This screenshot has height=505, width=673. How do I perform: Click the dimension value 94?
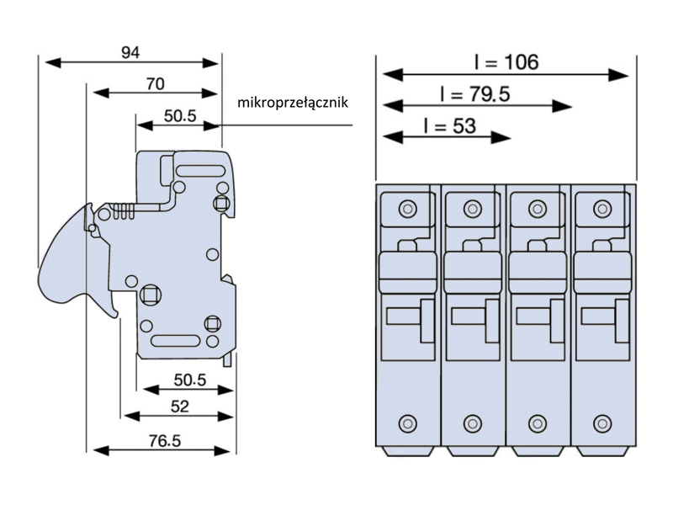(130, 52)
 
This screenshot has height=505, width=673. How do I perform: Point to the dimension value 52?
(179, 407)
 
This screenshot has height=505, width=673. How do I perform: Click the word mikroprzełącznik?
(293, 103)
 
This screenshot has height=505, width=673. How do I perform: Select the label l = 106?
(505, 61)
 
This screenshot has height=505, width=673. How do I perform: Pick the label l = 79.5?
(474, 93)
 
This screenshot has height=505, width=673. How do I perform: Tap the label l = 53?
(450, 126)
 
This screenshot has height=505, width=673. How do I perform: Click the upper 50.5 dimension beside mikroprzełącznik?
(179, 115)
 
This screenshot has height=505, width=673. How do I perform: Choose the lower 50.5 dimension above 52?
(189, 380)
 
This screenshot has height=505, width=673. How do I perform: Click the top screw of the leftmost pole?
(407, 208)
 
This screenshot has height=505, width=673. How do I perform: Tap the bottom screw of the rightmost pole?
(602, 423)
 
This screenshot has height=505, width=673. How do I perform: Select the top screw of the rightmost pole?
(602, 208)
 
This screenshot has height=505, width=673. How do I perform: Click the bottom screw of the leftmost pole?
(407, 423)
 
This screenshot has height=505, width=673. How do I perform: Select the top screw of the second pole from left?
(472, 208)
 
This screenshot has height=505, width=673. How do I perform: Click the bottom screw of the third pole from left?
(538, 423)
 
